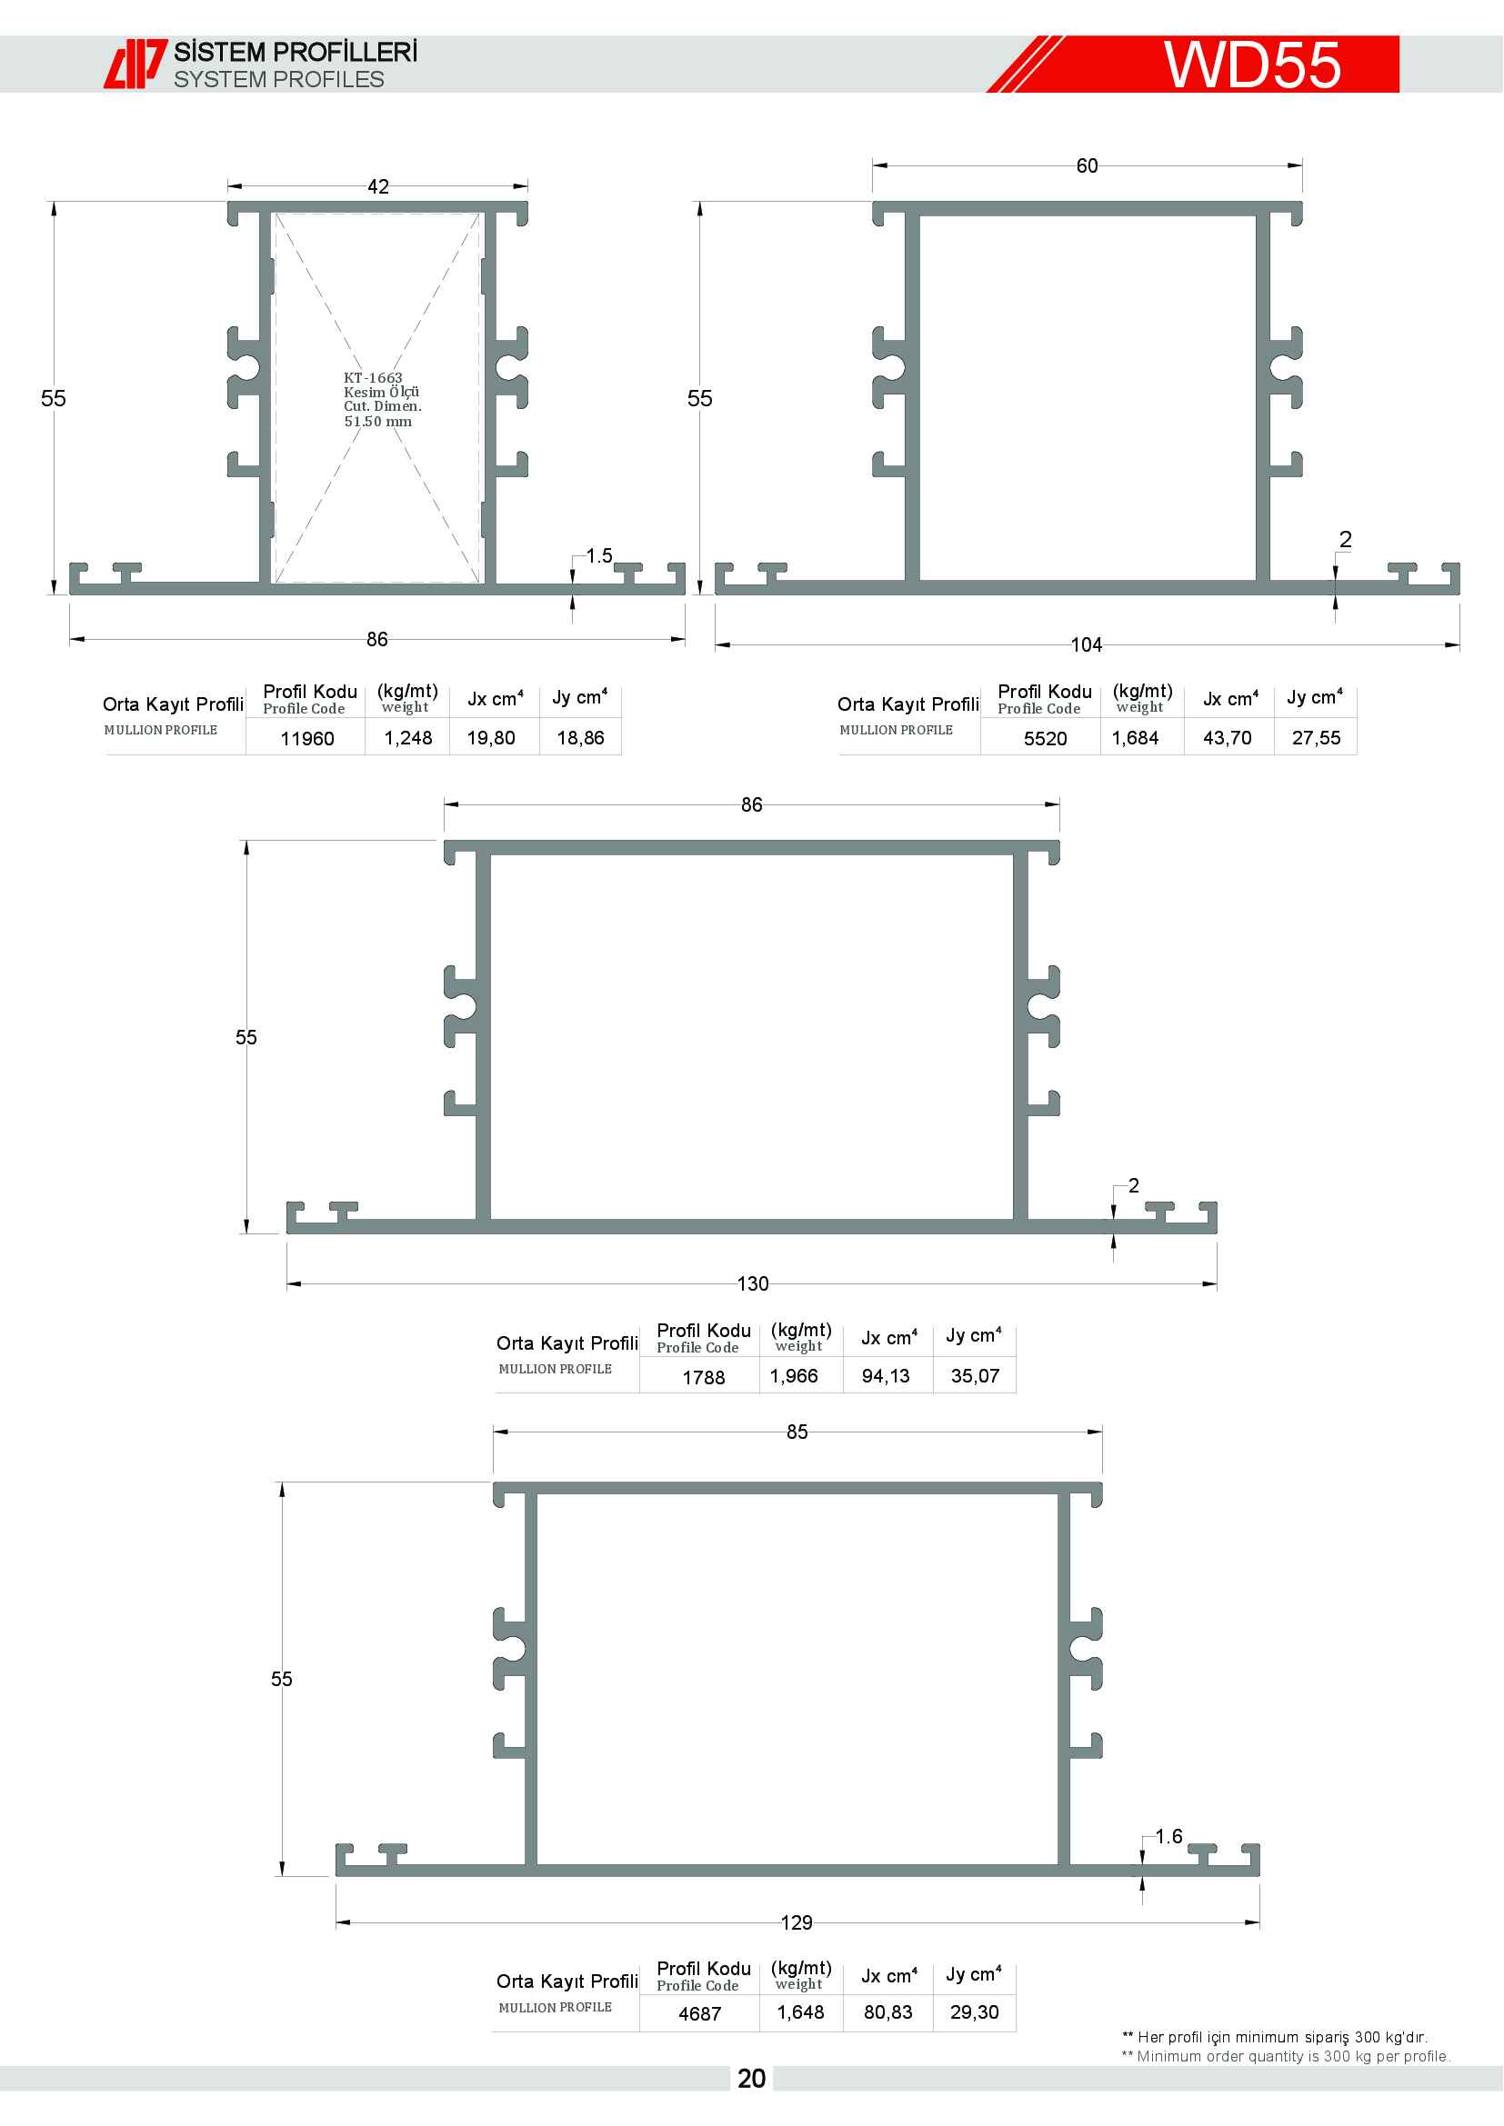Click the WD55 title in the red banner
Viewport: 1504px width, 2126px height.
coord(1252,65)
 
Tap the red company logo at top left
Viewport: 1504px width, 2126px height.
coord(135,64)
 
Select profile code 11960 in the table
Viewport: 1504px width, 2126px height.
coord(307,738)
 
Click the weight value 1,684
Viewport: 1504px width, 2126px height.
coord(1135,738)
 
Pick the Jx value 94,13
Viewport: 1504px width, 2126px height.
coord(886,1376)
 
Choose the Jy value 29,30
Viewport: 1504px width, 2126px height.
coord(974,2012)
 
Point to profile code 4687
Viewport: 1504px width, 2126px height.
coord(700,2014)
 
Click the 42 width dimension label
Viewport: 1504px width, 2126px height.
coord(378,186)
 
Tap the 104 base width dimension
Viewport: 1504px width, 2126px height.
coord(1087,644)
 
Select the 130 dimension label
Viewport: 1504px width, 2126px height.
coord(753,1283)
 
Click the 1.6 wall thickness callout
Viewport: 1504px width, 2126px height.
coord(1168,1836)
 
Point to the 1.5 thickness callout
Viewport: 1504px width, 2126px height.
coord(599,555)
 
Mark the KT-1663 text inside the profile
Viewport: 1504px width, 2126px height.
coord(373,378)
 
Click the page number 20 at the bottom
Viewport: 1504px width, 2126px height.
coord(752,2079)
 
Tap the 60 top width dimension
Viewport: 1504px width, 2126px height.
coord(1088,165)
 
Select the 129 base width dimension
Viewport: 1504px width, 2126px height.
coord(797,1923)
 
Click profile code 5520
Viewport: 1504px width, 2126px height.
coord(1046,738)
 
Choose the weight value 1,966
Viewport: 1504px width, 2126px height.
coord(794,1376)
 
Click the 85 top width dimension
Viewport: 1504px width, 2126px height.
coord(797,1432)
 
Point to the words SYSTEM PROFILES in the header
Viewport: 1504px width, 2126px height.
coord(279,80)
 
